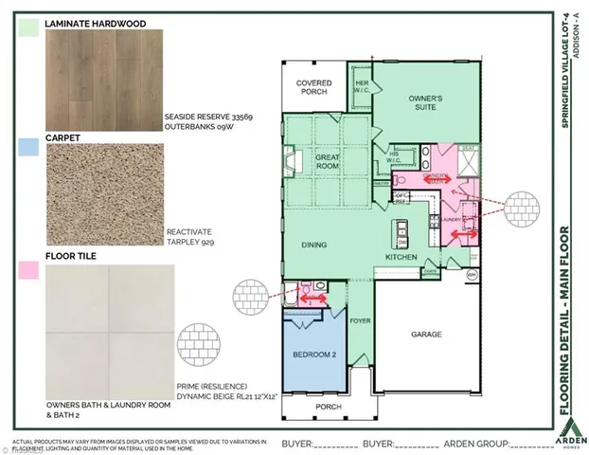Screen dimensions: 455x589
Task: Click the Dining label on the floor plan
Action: tap(313, 246)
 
